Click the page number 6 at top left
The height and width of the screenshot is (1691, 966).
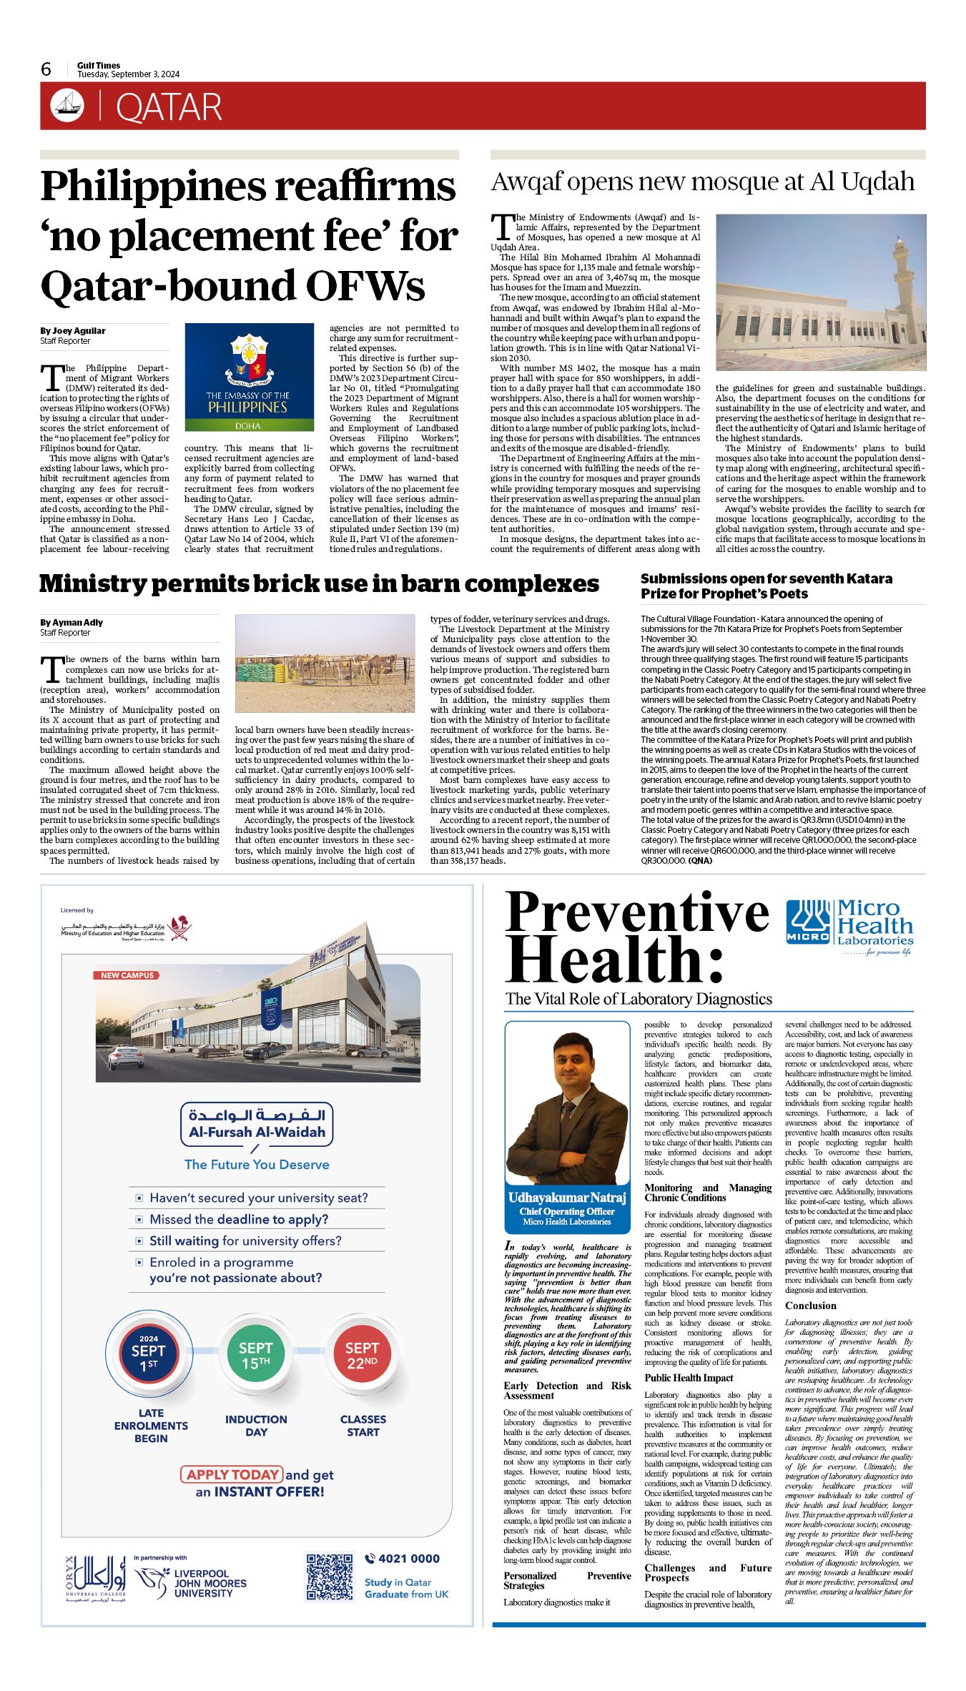pyautogui.click(x=46, y=69)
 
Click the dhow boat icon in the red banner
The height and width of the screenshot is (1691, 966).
pyautogui.click(x=67, y=106)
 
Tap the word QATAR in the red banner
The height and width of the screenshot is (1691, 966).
pyautogui.click(x=169, y=107)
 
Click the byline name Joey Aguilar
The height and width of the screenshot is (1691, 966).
pyautogui.click(x=73, y=331)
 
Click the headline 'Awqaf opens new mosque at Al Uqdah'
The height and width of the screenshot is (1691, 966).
pyautogui.click(x=702, y=182)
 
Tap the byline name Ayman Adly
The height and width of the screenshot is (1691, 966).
pyautogui.click(x=72, y=622)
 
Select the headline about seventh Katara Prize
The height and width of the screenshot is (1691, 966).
pyautogui.click(x=767, y=586)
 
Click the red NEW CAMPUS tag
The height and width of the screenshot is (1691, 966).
pyautogui.click(x=127, y=975)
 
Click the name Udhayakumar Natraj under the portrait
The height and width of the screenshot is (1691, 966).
pyautogui.click(x=566, y=1198)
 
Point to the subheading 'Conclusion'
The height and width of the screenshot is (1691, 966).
pyautogui.click(x=810, y=1306)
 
